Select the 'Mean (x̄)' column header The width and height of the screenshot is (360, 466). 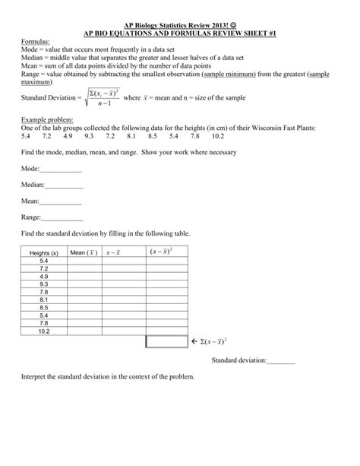pos(84,252)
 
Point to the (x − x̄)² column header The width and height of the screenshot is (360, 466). pos(161,252)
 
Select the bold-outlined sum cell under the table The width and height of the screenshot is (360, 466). pos(164,342)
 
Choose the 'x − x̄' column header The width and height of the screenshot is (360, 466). pos(118,252)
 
